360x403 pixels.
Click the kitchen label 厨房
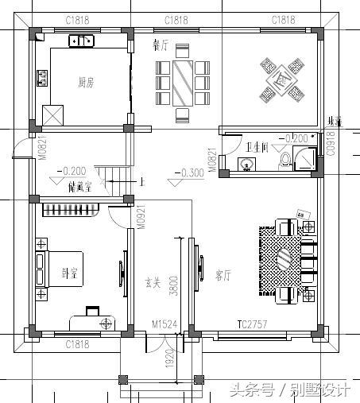(87, 80)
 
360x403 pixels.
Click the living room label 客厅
(223, 276)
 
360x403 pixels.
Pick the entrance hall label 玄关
(153, 281)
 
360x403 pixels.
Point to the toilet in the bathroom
(285, 161)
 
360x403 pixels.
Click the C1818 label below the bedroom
(77, 343)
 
